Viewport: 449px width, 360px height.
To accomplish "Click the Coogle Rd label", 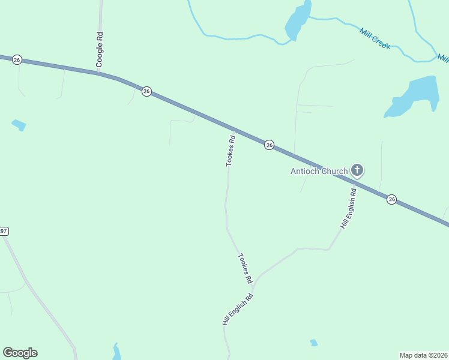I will [x=100, y=49].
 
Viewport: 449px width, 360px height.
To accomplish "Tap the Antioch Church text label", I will [x=319, y=171].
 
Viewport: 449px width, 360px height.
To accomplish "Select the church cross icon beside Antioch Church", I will [x=357, y=171].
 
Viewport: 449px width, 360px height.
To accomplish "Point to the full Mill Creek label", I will [x=375, y=39].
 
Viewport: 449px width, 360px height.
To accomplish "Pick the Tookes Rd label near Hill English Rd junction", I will [x=245, y=269].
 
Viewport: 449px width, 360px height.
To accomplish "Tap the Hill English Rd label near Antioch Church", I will [x=349, y=208].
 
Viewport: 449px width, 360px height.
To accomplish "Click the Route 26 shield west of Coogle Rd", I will [x=17, y=59].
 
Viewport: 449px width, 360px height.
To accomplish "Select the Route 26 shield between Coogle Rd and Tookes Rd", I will [x=146, y=91].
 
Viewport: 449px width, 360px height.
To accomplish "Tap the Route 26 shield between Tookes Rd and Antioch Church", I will [x=270, y=145].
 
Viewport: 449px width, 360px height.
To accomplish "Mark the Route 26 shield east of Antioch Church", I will [x=391, y=199].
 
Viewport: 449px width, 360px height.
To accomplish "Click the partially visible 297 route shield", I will [x=4, y=231].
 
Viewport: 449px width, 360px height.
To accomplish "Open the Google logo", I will [x=20, y=353].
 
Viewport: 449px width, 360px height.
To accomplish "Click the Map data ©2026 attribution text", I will [x=423, y=355].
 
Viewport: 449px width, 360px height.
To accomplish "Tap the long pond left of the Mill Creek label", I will [x=298, y=20].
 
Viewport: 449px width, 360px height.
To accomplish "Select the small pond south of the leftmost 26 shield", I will [x=19, y=125].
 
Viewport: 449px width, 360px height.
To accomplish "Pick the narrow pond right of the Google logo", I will [x=116, y=352].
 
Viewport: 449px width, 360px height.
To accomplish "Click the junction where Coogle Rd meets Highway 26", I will [x=100, y=74].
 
